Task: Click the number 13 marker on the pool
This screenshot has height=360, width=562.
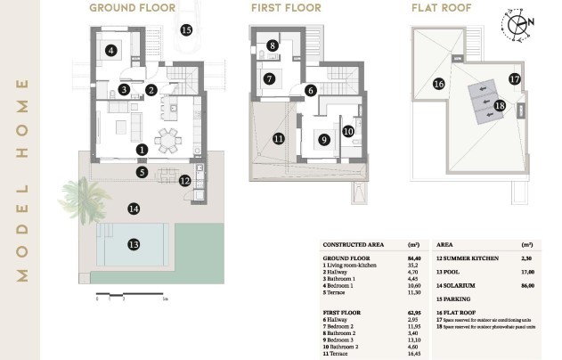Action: tap(134, 243)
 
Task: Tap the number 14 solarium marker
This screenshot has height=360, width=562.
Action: tap(134, 209)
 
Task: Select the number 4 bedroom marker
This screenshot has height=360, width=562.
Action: tap(110, 51)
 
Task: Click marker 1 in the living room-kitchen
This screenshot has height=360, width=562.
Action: tap(142, 150)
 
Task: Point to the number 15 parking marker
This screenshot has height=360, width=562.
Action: tap(185, 29)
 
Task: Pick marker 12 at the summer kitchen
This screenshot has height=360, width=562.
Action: tap(184, 181)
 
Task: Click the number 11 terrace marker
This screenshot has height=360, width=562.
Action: tap(279, 138)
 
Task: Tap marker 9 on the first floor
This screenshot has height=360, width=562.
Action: tap(324, 139)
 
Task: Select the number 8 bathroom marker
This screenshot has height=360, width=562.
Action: tap(273, 45)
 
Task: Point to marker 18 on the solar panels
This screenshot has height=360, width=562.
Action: tap(499, 105)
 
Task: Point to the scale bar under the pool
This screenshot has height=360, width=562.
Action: tap(129, 296)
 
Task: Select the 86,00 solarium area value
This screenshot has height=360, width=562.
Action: tap(526, 284)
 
